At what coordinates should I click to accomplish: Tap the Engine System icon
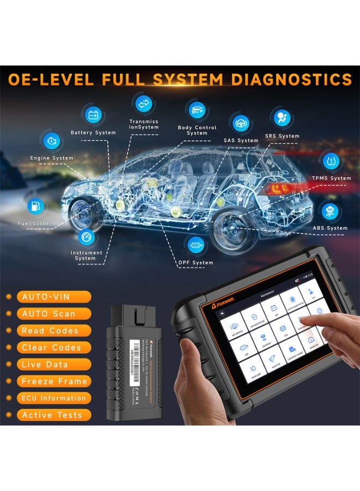click(52, 140)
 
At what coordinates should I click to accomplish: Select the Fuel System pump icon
click(35, 206)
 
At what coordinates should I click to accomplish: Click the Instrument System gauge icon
click(86, 236)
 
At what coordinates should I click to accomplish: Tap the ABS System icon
click(329, 211)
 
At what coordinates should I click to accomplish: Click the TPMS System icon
click(330, 161)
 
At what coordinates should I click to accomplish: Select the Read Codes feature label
click(54, 331)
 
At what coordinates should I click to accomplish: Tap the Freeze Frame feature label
click(55, 381)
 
